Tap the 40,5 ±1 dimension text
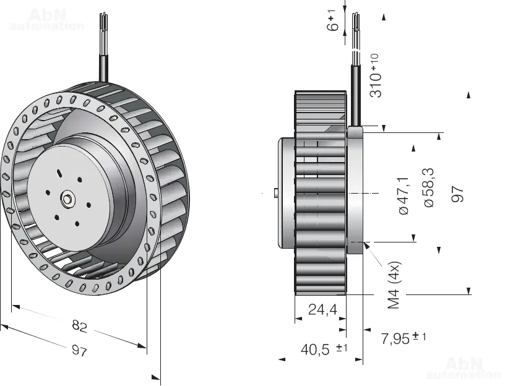pos(324,350)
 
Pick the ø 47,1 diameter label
pos(403,195)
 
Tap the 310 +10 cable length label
pos(376,75)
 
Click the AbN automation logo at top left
pos(46,19)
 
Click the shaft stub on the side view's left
pos(274,194)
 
